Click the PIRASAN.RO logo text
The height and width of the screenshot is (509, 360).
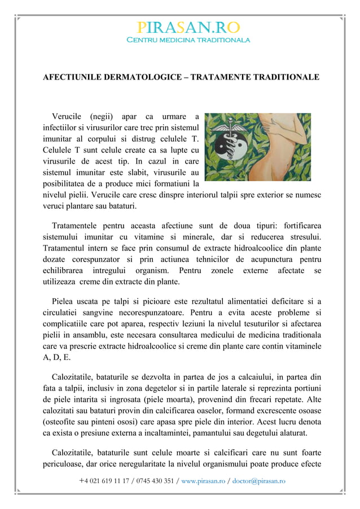[x=188, y=28]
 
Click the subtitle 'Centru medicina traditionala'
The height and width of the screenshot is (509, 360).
[x=188, y=41]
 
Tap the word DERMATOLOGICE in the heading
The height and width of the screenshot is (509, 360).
[x=143, y=77]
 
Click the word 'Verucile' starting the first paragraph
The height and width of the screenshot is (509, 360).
[x=67, y=116]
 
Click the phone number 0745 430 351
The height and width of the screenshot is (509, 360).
[x=151, y=481]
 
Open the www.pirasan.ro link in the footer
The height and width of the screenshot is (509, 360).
[x=203, y=481]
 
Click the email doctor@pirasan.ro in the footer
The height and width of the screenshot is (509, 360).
[x=258, y=481]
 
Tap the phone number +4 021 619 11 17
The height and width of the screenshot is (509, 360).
[x=102, y=481]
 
